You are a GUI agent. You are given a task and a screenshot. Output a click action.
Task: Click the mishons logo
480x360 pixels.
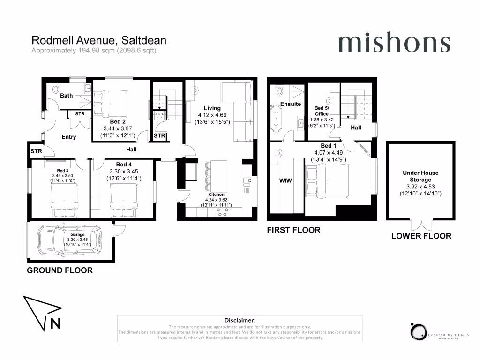[x=394, y=44]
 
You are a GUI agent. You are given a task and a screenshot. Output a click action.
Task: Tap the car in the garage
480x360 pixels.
[x=70, y=240]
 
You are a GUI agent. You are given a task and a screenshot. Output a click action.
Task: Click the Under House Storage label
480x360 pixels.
[x=420, y=176]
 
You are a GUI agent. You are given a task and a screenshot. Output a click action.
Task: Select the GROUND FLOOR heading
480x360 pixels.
[x=60, y=270]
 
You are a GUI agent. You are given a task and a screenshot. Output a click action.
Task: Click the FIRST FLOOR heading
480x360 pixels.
[x=293, y=230]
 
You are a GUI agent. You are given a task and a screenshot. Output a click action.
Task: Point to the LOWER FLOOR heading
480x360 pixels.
[x=421, y=236]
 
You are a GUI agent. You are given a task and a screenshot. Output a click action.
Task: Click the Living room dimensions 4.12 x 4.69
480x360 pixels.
[x=210, y=115]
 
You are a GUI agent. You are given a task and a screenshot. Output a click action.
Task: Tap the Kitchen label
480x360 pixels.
[x=216, y=195]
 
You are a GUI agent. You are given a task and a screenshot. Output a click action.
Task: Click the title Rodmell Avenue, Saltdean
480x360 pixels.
[x=98, y=41]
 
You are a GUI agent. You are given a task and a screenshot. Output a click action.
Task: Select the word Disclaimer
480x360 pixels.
[x=240, y=320]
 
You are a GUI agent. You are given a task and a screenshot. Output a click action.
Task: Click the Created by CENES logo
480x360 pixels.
[x=418, y=332]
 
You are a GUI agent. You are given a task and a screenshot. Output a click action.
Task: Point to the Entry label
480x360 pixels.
[x=68, y=137]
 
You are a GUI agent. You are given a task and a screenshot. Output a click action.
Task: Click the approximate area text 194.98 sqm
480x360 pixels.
[x=93, y=51]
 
